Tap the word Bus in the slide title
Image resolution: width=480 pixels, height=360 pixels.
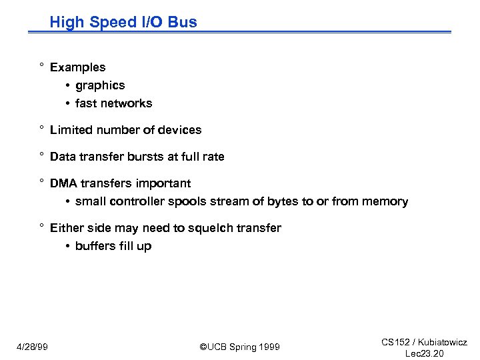[x=183, y=22]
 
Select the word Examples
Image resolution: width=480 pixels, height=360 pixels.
[x=77, y=67]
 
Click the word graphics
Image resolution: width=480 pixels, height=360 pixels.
[x=100, y=85]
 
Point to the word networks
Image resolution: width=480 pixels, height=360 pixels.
[x=128, y=103]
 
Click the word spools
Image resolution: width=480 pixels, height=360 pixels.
[x=183, y=201]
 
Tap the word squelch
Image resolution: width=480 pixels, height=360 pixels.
[x=219, y=228]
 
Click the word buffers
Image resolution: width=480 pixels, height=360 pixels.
[x=95, y=246]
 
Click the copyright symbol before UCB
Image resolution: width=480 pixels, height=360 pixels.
[x=203, y=347]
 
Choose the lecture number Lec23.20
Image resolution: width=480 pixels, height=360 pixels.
[x=425, y=353]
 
